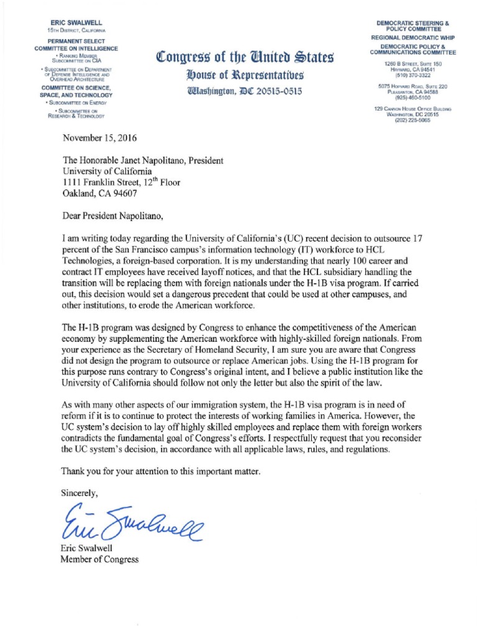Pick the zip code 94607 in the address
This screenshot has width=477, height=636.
click(x=132, y=193)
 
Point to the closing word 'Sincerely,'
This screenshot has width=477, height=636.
click(x=79, y=493)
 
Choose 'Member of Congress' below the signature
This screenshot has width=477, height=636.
click(x=99, y=559)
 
